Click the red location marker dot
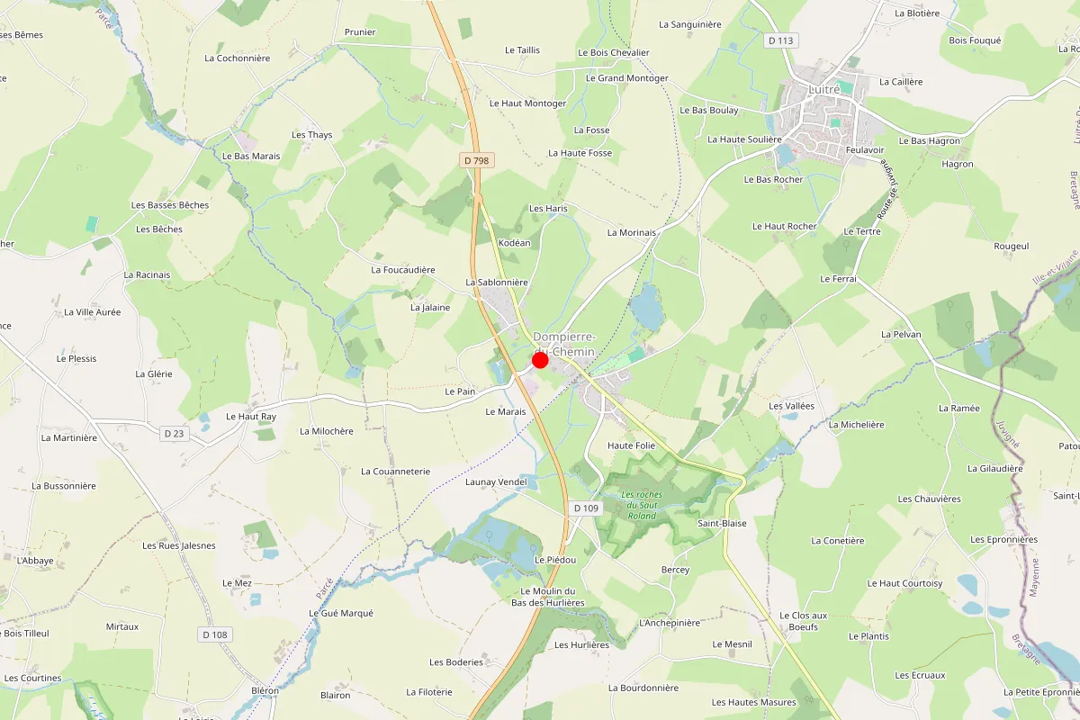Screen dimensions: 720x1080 (540, 360)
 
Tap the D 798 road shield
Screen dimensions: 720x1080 (477, 160)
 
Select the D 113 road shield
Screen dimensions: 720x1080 (781, 40)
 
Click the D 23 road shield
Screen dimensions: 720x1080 (175, 434)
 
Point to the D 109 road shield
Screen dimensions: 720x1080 (586, 508)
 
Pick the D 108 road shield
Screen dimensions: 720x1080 (214, 634)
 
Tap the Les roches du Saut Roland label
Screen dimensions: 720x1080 (642, 505)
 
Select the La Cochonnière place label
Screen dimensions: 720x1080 (238, 58)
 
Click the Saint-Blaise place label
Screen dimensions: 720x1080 (722, 523)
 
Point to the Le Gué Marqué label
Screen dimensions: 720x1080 (340, 613)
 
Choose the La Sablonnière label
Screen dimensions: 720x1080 (496, 282)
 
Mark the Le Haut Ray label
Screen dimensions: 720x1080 (251, 417)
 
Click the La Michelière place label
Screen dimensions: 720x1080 (856, 424)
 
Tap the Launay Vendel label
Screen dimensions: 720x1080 (496, 482)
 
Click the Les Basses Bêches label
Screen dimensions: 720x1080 (170, 205)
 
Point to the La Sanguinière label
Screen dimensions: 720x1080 (690, 24)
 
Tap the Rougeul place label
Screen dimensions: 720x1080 (1011, 246)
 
